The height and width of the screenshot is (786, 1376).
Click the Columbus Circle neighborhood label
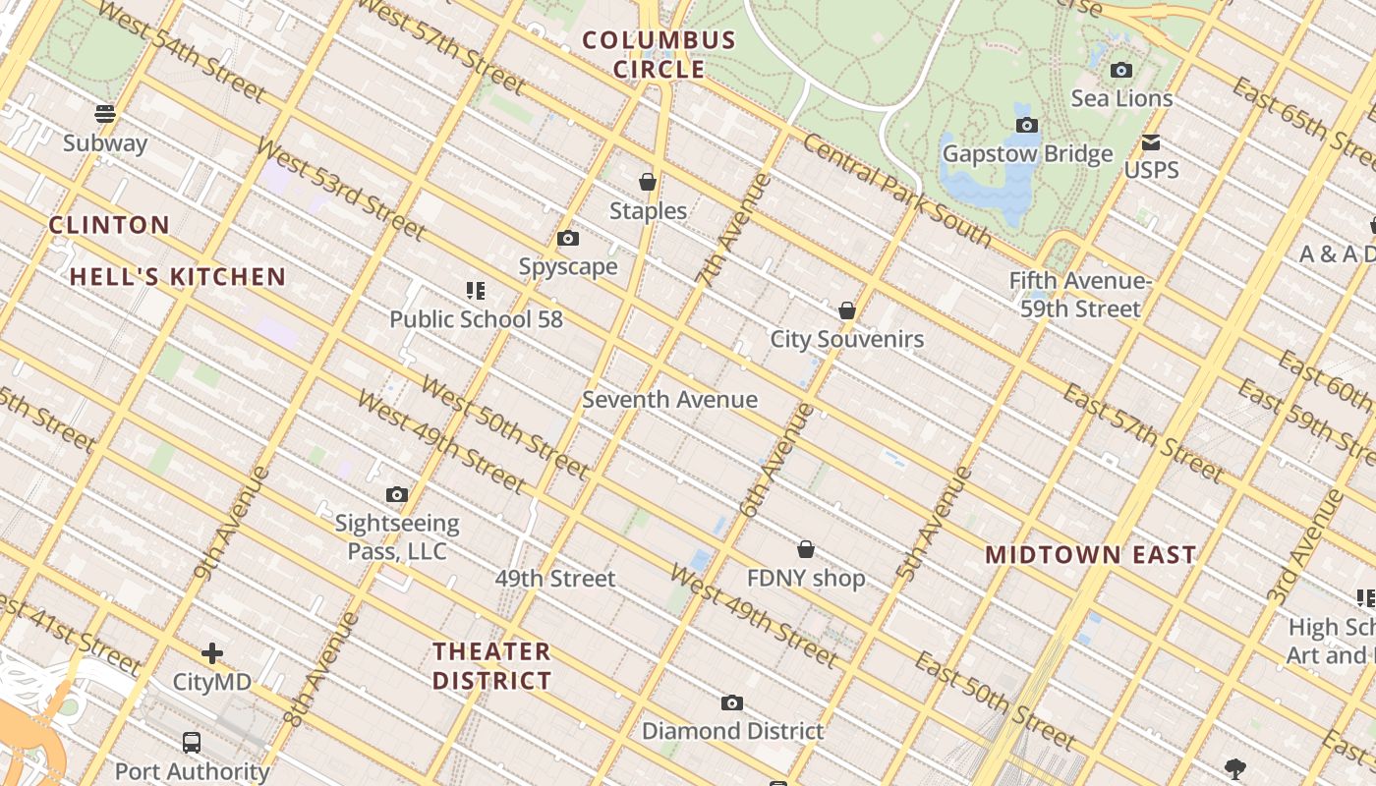coord(659,55)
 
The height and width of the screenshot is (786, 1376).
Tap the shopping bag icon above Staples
coord(648,182)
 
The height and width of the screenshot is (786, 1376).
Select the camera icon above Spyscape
coord(568,238)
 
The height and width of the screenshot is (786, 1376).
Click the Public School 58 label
coord(476,319)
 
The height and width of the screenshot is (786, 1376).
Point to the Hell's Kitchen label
coord(178,277)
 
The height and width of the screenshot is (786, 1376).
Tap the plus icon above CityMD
coord(212,653)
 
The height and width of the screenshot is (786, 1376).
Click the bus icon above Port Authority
coord(192,743)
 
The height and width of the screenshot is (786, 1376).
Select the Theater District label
coord(492,665)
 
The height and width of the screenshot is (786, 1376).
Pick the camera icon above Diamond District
coord(732,702)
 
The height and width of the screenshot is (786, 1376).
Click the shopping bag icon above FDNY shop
coord(806,549)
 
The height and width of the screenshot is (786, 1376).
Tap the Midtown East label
coord(1091,555)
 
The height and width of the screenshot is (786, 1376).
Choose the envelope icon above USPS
coord(1151,142)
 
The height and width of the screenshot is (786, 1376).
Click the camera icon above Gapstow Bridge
coord(1027,125)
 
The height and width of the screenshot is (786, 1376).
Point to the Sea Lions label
coord(1121,98)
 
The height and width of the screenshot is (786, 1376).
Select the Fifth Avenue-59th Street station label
coord(1080,295)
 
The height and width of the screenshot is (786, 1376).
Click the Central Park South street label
coord(896,190)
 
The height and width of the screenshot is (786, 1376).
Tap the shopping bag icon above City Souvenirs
coord(847,311)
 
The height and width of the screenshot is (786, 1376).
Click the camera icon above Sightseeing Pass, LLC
coord(397,494)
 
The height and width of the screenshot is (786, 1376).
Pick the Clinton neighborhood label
coord(109,225)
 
